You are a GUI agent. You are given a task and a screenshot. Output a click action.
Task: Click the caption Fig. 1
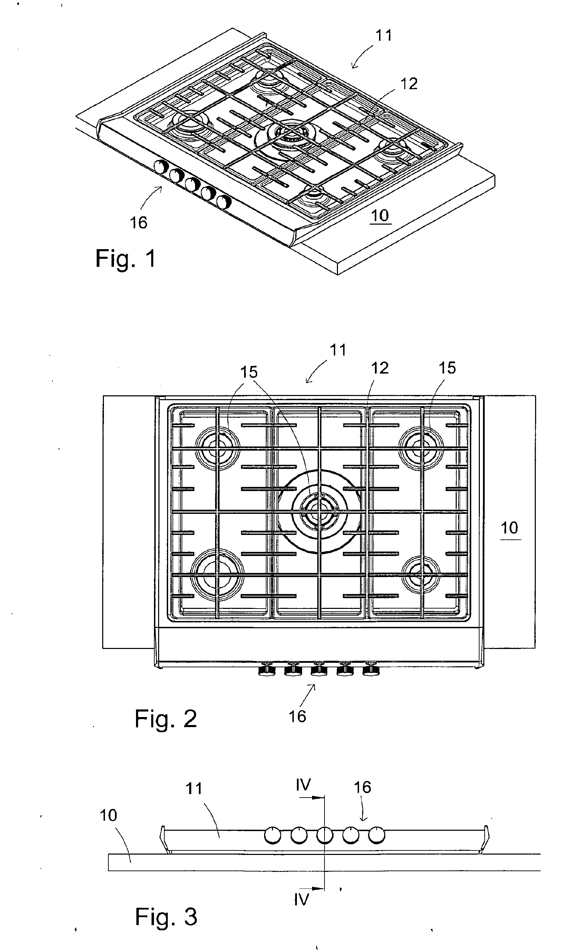pos(125,258)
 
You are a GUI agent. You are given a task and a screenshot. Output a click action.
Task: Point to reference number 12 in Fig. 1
pos(409,84)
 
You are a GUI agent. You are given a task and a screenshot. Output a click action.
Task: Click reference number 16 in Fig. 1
pos(138,222)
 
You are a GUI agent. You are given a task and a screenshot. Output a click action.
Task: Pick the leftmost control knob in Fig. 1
pos(161,167)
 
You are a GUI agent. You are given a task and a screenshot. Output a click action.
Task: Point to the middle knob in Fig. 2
pos(319,669)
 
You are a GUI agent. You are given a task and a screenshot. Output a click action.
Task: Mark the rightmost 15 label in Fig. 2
pos(447,368)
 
